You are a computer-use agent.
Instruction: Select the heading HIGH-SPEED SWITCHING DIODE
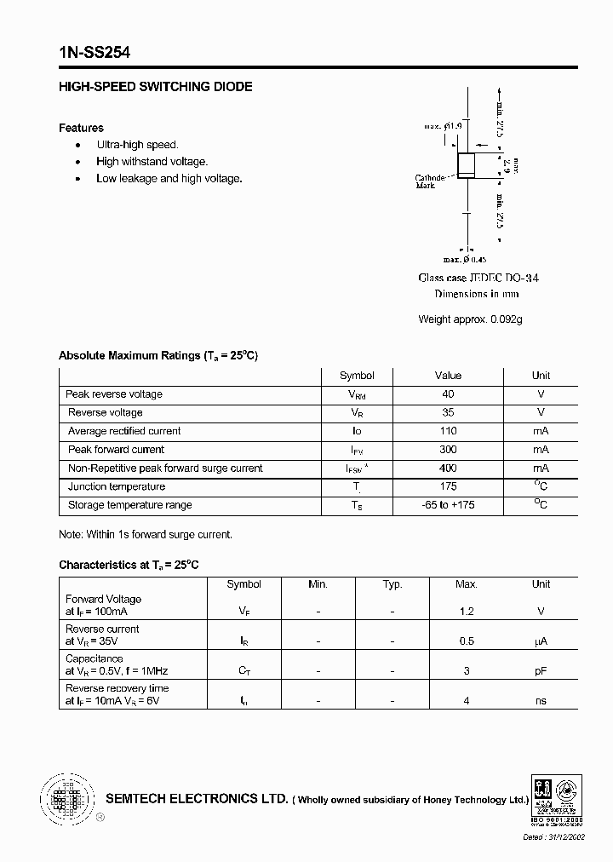tap(155, 87)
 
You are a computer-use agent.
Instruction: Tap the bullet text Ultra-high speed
tap(137, 145)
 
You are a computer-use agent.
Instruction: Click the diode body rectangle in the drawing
tap(467, 165)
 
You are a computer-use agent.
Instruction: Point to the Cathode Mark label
tap(429, 181)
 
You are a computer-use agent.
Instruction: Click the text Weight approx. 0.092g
tap(470, 319)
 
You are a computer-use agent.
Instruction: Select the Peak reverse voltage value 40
tap(448, 394)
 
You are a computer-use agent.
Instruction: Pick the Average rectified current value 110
tap(448, 431)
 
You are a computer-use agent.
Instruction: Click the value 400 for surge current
tap(448, 468)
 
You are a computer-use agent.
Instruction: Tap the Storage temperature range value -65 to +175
tap(448, 505)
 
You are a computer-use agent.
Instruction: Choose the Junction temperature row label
tap(117, 487)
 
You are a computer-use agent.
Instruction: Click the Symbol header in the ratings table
tap(357, 376)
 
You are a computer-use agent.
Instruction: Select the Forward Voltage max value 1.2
tap(466, 612)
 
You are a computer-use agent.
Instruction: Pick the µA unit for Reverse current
tap(541, 641)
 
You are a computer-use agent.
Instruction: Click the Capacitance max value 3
tap(466, 671)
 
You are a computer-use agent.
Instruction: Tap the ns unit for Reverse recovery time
tap(541, 701)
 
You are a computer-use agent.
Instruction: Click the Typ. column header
tap(392, 584)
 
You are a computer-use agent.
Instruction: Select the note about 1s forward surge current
tap(145, 535)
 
